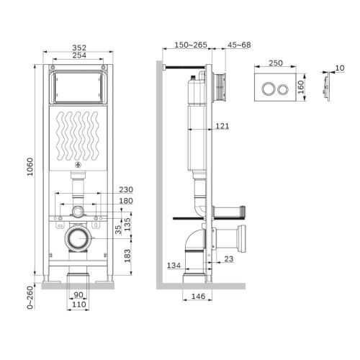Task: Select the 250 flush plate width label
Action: (x=275, y=63)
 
